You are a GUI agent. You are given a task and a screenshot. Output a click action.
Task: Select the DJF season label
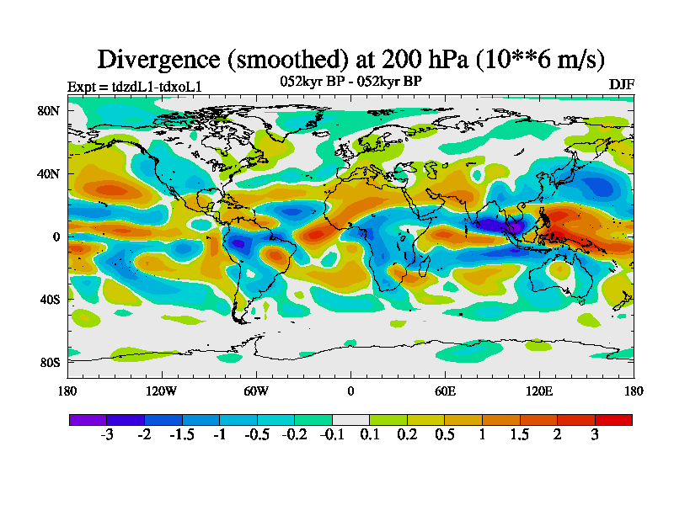[621, 85]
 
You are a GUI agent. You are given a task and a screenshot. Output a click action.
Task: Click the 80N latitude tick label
[49, 111]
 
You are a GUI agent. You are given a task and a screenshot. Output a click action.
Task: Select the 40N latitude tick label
[49, 174]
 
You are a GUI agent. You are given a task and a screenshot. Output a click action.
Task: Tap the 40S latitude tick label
[49, 300]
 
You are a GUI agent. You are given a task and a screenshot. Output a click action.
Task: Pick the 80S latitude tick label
[49, 363]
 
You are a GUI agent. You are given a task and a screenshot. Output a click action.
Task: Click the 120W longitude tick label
[162, 391]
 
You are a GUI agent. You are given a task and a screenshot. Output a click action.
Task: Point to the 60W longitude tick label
[256, 391]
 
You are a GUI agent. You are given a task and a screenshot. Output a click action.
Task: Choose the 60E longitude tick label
[445, 391]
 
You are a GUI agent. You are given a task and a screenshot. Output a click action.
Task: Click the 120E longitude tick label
[539, 391]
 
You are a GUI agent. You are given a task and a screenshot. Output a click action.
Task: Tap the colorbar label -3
[107, 435]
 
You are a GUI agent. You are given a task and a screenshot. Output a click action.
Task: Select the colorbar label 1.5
[520, 435]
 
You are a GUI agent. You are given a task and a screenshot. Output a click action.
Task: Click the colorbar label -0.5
[257, 435]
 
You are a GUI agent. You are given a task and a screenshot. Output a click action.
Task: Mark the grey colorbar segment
[350, 418]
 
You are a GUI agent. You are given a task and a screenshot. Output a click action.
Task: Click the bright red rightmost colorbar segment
[613, 418]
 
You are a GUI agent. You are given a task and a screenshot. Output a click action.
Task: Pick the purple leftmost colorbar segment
[88, 418]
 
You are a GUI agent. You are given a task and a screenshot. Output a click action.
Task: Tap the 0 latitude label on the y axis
[56, 237]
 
